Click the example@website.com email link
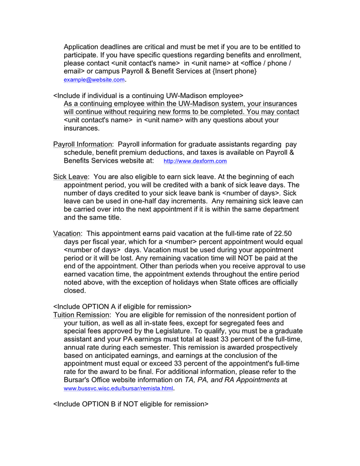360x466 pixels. (94, 80)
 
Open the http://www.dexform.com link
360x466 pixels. (195, 162)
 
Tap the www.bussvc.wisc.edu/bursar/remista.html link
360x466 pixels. (118, 388)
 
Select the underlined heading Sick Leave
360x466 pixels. (71, 177)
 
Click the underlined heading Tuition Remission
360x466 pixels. (82, 315)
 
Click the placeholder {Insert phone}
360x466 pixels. (235, 71)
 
